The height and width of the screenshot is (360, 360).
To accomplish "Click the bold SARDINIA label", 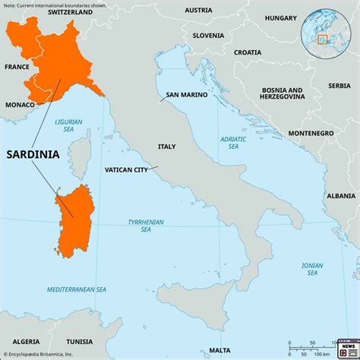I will (x=34, y=154).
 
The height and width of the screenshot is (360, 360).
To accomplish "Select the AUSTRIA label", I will (x=198, y=11).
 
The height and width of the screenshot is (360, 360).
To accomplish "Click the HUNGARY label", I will (x=280, y=17).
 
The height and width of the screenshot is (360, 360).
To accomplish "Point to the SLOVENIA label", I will (x=208, y=35).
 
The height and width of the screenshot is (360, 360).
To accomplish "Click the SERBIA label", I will (x=339, y=86).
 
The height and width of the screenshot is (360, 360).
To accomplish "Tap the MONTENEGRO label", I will (x=311, y=133).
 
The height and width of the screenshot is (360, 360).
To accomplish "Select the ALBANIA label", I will (x=339, y=195).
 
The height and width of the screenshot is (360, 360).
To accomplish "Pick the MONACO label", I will (x=21, y=104).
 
